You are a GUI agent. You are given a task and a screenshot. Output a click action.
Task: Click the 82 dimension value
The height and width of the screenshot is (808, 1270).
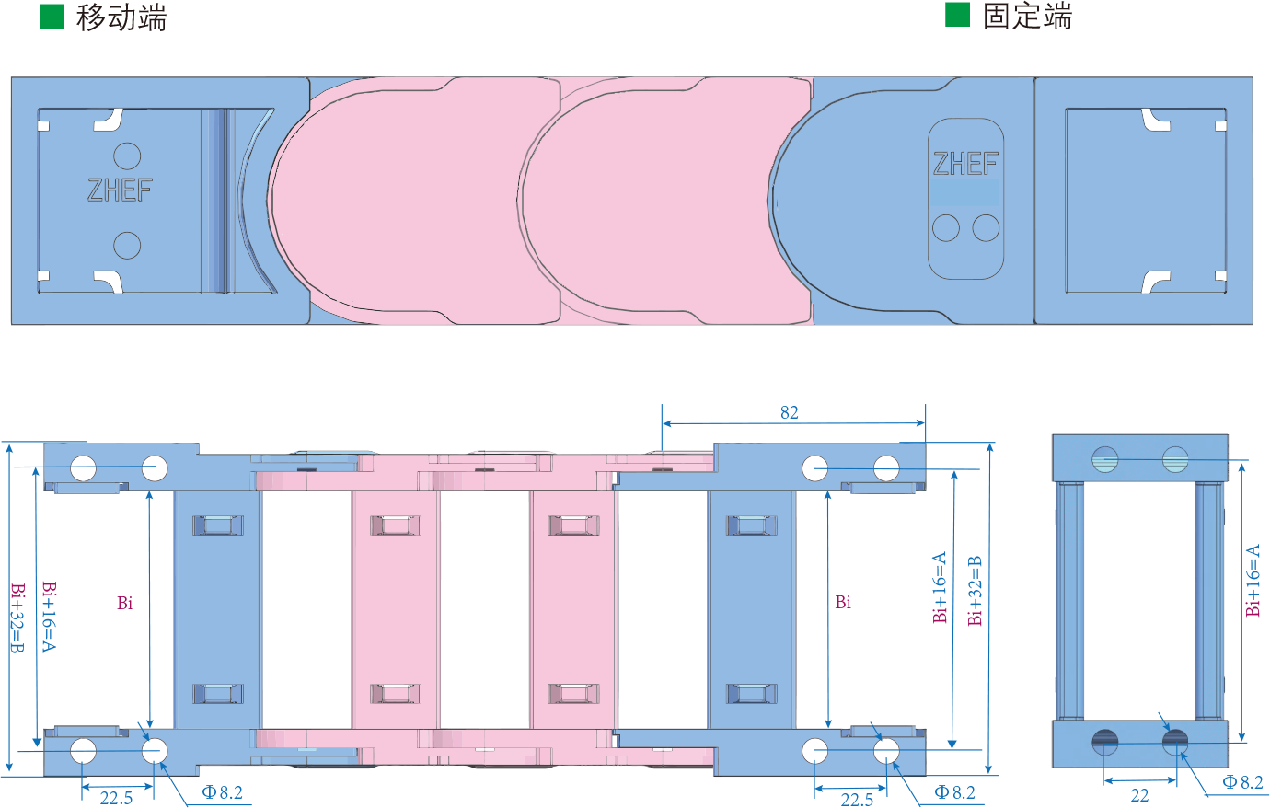(x=789, y=412)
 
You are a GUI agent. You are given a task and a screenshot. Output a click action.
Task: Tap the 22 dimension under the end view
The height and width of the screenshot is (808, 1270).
(x=1139, y=795)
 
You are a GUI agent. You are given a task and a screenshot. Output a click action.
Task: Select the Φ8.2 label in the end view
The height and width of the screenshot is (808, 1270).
(x=1242, y=782)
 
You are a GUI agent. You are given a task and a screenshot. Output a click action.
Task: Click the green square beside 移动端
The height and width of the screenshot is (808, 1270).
(x=52, y=16)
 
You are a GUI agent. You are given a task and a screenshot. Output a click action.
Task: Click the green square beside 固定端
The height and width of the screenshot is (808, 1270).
(x=957, y=15)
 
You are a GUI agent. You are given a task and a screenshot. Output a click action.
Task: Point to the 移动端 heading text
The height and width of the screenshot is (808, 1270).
(x=121, y=17)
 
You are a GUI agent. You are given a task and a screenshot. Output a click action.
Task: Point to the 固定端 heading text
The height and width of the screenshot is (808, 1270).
(x=1027, y=17)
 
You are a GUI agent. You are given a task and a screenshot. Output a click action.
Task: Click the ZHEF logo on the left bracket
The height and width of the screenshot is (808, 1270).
(x=120, y=190)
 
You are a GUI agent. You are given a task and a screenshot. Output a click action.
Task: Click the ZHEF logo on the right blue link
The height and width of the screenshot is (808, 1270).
(x=965, y=164)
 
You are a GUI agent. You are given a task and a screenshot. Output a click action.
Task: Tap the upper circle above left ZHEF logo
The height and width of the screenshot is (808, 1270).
(x=127, y=156)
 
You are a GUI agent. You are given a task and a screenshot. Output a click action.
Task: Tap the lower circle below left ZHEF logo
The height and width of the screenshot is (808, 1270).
(x=127, y=245)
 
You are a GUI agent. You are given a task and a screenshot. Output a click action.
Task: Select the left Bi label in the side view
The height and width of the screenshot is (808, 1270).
(x=125, y=603)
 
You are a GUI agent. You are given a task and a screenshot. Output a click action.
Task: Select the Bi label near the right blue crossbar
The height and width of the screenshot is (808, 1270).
(x=843, y=603)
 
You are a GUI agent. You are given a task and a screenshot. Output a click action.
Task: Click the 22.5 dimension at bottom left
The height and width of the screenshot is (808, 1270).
(x=116, y=798)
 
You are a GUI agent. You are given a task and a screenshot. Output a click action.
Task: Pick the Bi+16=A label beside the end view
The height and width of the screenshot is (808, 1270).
(x=1253, y=582)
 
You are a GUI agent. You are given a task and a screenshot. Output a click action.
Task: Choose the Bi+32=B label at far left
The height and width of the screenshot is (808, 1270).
(x=17, y=618)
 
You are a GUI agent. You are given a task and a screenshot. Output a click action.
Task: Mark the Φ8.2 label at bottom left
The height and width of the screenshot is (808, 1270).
(x=223, y=792)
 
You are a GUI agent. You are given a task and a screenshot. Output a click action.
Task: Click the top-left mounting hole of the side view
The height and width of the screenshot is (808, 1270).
(x=83, y=468)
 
